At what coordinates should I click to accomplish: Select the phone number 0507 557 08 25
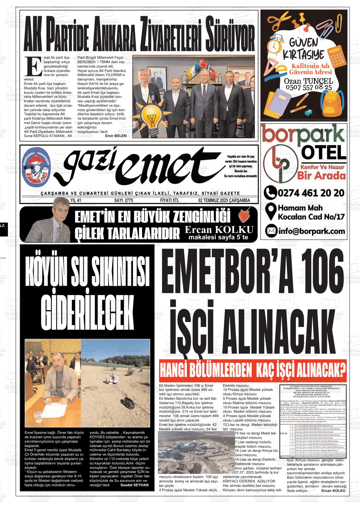point(304,87)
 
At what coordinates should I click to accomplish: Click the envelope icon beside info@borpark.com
point(270,231)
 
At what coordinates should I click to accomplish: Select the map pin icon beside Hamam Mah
point(270,212)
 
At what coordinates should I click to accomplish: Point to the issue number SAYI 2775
point(123,200)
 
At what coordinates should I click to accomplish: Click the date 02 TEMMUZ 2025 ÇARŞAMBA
point(224,200)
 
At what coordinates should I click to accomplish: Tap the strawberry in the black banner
point(243,216)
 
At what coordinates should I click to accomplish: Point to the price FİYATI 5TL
point(170,200)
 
